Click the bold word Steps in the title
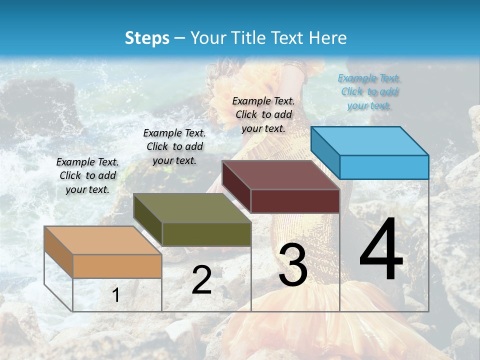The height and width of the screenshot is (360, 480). click(x=147, y=38)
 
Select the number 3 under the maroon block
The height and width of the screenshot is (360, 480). click(x=293, y=265)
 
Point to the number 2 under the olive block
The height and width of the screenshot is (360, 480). click(x=201, y=280)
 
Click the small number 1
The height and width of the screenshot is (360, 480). click(x=116, y=295)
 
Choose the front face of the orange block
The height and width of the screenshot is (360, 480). click(x=117, y=266)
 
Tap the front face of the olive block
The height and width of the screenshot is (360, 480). click(x=206, y=234)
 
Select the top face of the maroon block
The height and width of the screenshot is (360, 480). click(x=280, y=175)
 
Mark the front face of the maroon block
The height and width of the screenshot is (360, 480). click(x=295, y=201)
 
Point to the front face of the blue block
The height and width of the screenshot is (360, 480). click(x=384, y=167)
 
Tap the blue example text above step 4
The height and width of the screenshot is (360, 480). click(x=369, y=91)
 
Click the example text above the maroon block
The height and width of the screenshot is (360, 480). click(x=263, y=114)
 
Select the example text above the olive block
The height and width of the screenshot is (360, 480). click(x=174, y=146)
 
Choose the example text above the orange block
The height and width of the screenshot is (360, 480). click(x=87, y=175)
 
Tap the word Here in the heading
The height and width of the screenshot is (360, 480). click(x=328, y=38)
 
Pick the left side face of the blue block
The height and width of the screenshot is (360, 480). click(x=325, y=152)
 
